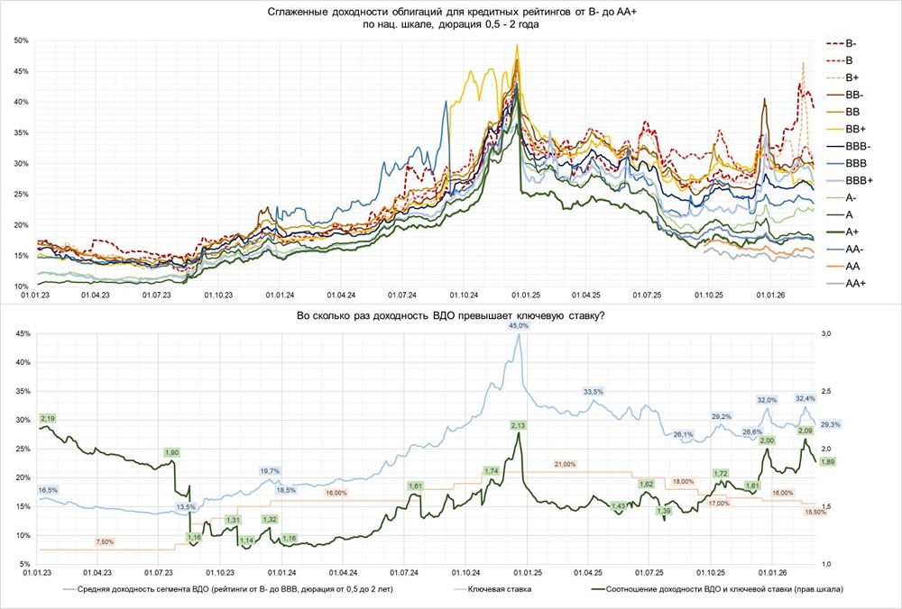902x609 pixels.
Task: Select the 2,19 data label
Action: (x=48, y=419)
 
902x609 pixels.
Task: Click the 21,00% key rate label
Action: (x=565, y=463)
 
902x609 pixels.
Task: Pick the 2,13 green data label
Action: (x=518, y=424)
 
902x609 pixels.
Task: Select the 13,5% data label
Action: (x=184, y=507)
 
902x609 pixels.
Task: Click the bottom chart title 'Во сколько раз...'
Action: (x=450, y=316)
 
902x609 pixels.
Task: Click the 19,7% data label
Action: (x=270, y=471)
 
